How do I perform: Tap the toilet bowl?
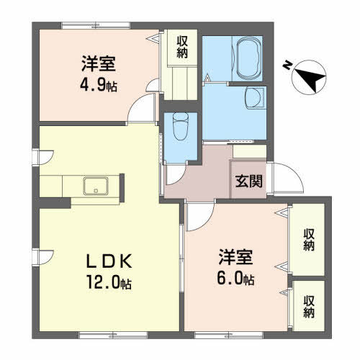click(x=181, y=126)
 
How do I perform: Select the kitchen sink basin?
click(x=96, y=186)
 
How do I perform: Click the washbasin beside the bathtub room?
click(x=255, y=98)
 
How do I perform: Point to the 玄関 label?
click(x=249, y=181)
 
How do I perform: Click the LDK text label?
click(x=109, y=261)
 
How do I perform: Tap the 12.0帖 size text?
click(x=109, y=282)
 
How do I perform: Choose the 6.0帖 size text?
click(x=235, y=279)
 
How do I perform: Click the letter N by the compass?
click(x=287, y=65)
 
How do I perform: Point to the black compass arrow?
click(x=310, y=78)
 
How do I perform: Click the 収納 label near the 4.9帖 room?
click(x=182, y=48)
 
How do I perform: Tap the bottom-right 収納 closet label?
click(x=309, y=307)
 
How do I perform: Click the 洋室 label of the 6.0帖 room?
click(x=235, y=257)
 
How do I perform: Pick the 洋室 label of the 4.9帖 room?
click(x=99, y=63)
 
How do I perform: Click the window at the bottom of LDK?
click(x=113, y=336)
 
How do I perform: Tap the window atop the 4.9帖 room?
click(x=96, y=25)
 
